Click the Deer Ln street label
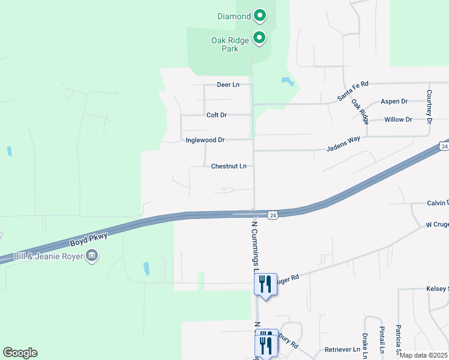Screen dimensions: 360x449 pos(228,85)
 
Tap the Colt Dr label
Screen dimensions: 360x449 pos(216,115)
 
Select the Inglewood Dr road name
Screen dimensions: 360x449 pos(205,140)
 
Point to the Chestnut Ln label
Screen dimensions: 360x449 pos(229,166)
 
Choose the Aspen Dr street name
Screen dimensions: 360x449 pos(394,101)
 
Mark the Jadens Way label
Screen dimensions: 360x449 pos(343,143)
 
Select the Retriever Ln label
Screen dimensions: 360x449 pos(342,349)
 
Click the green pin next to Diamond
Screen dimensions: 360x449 pos(259,16)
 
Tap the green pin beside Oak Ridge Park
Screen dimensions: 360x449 pos(259,38)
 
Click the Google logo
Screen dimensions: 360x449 pos(20,353)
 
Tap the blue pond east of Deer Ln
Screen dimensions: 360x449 pos(287,81)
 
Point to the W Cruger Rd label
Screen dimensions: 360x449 pos(436,225)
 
